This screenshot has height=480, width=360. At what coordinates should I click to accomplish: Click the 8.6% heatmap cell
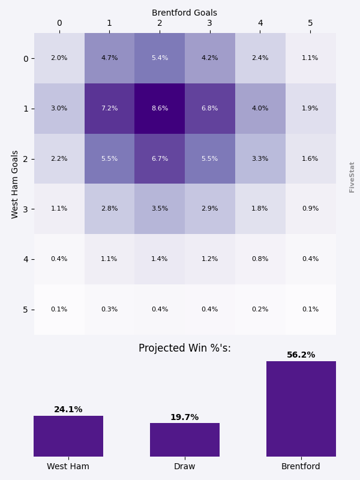(x=160, y=109)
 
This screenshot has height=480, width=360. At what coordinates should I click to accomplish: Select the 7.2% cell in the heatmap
(x=109, y=109)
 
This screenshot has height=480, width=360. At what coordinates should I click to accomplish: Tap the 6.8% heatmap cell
(x=210, y=109)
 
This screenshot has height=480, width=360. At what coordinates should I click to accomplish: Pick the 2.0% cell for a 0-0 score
(x=59, y=58)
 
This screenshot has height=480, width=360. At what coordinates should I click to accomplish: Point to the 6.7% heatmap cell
(x=160, y=159)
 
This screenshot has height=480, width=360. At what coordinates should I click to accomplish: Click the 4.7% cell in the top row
(x=109, y=58)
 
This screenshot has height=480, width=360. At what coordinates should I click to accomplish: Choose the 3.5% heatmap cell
(x=160, y=209)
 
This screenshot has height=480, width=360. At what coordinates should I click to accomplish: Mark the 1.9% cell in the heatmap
(x=310, y=109)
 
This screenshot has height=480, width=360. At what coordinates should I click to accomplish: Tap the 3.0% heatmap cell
(x=59, y=109)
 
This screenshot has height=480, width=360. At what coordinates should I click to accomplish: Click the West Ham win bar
(x=68, y=436)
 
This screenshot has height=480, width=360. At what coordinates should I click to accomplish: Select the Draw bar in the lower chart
(x=185, y=440)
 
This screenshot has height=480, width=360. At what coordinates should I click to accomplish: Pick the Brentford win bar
(x=301, y=409)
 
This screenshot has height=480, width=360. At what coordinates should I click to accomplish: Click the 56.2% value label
(x=301, y=355)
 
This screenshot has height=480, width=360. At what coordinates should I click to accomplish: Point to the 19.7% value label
(x=185, y=418)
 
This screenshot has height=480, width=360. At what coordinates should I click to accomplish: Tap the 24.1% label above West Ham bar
(x=68, y=410)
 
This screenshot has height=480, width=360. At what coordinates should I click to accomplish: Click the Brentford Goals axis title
(x=185, y=13)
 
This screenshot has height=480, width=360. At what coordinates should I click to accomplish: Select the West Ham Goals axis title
(x=16, y=184)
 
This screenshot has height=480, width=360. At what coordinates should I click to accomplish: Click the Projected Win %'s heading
(x=185, y=349)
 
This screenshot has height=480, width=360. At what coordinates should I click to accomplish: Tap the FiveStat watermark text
(x=352, y=177)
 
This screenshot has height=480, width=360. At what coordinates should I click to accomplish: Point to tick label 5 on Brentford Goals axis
(x=310, y=23)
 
